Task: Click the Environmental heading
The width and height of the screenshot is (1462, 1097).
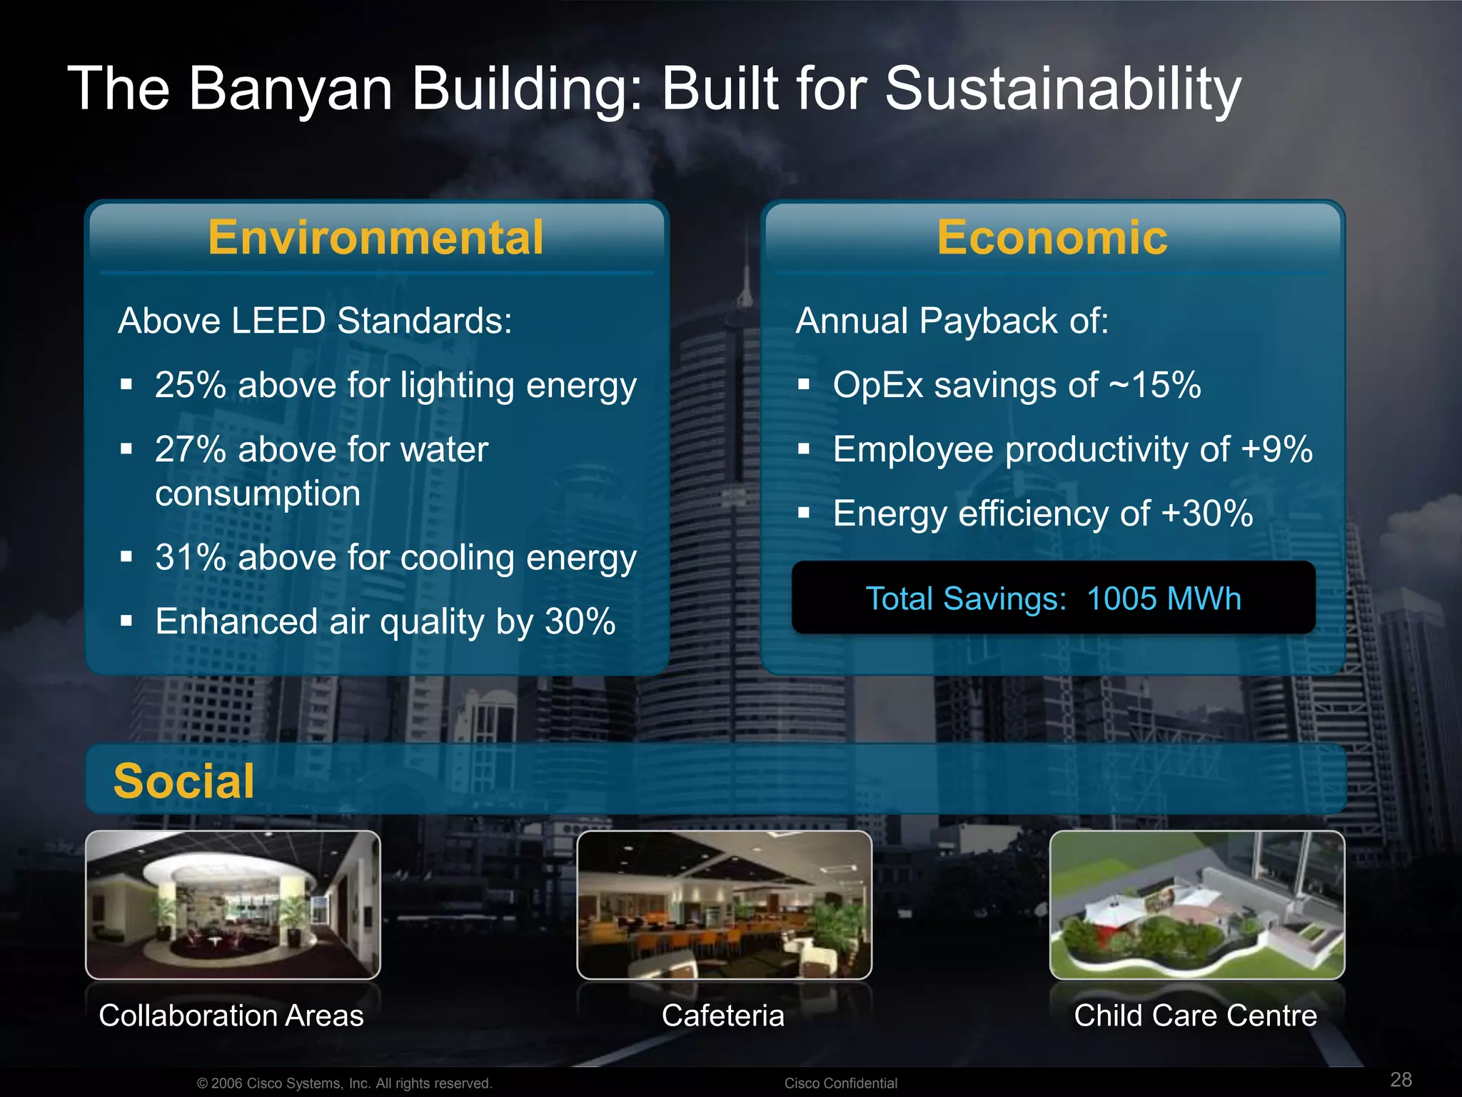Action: point(375,238)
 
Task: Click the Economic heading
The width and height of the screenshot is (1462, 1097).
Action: point(1052,238)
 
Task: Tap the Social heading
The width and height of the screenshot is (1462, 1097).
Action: point(183,781)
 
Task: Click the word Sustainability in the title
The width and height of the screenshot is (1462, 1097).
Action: point(1063,90)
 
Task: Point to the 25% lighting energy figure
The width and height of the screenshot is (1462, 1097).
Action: point(191,386)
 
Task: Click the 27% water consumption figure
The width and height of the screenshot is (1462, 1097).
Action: point(191,450)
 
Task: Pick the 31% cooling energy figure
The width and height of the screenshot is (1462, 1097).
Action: point(191,558)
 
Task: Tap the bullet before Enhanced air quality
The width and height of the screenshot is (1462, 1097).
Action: point(127,621)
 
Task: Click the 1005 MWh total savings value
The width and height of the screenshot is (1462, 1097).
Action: point(1164,599)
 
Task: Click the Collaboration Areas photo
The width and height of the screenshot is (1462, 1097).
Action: point(233,905)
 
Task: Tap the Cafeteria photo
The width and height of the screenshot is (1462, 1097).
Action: point(724,905)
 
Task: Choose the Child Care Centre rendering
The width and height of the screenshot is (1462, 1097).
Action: point(1196,905)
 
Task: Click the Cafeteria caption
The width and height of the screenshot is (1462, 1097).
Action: point(722,1016)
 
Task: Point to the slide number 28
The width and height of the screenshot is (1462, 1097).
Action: point(1401,1079)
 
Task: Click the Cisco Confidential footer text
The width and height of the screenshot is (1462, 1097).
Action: point(840,1083)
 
